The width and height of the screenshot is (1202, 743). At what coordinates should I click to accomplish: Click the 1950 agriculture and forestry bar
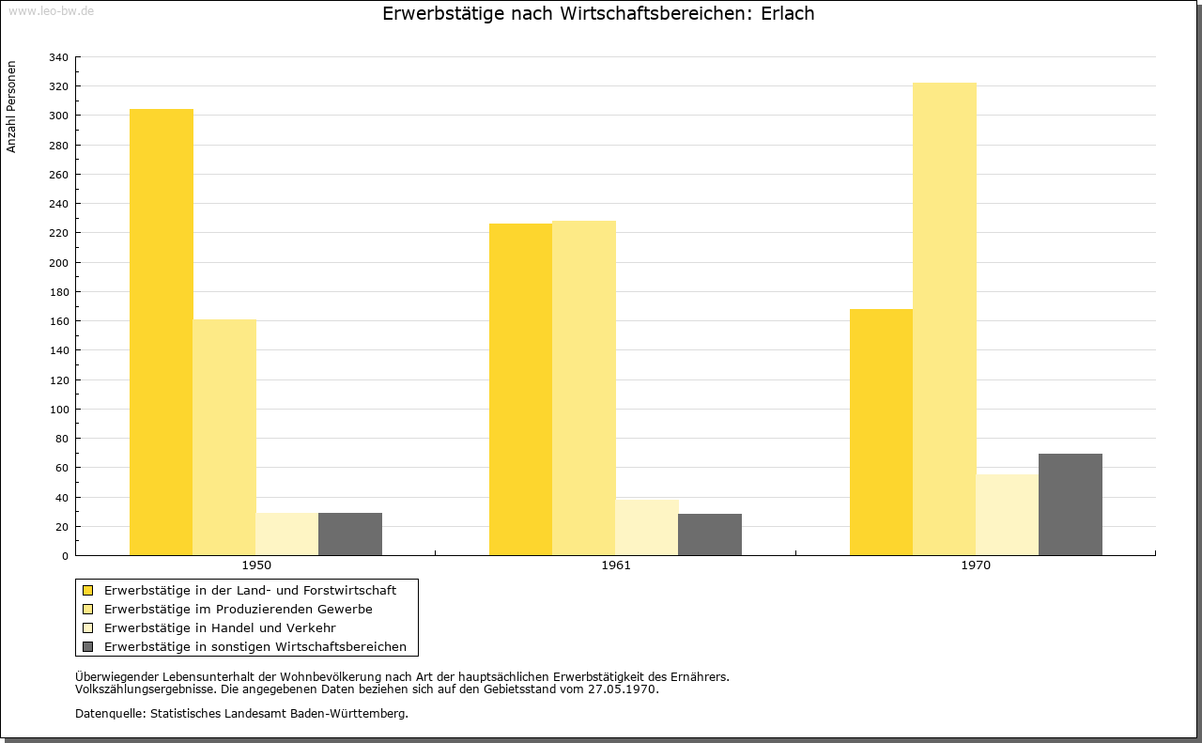161,333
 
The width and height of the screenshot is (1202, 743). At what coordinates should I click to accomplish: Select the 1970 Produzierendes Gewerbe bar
945,318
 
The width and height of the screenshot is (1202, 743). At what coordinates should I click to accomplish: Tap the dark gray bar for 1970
1070,504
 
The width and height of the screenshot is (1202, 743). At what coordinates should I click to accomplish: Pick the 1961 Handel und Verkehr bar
647,528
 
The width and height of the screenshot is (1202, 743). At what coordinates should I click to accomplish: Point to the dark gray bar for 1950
350,534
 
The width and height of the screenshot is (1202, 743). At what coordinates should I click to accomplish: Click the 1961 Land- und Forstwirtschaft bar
520,389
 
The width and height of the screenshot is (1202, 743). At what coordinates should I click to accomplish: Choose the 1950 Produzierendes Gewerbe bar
224,438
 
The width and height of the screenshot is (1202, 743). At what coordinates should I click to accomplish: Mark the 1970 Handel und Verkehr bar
1008,515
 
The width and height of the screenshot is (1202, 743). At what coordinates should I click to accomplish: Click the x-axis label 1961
615,565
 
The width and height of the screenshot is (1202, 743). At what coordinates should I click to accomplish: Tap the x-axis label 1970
976,565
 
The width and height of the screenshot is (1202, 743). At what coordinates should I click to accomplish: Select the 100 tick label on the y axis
58,410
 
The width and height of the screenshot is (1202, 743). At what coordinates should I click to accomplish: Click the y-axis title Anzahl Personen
11,107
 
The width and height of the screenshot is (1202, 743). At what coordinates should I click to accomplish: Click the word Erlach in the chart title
787,13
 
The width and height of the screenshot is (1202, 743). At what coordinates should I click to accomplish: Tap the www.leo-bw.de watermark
51,10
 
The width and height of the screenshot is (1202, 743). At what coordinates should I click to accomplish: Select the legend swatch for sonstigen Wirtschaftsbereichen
87,647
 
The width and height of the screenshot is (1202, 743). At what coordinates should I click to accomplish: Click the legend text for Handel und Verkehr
220,628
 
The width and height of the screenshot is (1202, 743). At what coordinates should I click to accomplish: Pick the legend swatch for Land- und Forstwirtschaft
87,591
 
